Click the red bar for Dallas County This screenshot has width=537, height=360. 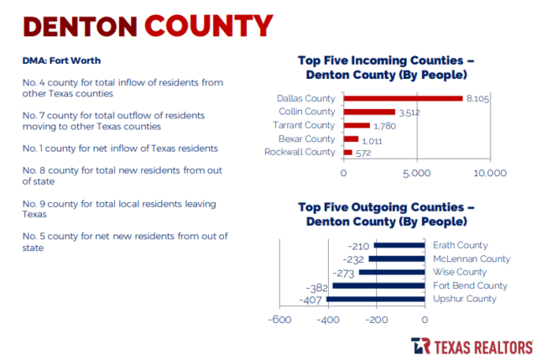coord(403,98)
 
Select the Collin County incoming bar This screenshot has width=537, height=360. coord(369,112)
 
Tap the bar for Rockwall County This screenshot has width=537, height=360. coord(347,152)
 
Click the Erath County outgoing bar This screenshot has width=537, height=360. coord(399,245)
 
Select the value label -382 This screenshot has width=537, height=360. coord(315,285)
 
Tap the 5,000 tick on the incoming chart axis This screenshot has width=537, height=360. coord(416,174)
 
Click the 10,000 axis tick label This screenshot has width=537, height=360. coord(489,174)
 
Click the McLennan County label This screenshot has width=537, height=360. coord(472,258)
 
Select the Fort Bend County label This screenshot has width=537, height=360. coord(469,285)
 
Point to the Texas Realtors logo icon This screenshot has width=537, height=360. coord(421,347)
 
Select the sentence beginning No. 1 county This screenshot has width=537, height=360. coord(120,148)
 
